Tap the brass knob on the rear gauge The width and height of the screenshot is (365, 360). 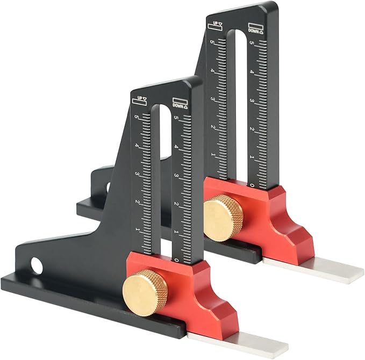click(x=223, y=218)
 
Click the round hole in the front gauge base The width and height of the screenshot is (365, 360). click(x=37, y=265)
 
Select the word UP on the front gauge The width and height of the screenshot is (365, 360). click(x=140, y=98)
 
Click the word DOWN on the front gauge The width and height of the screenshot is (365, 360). click(x=178, y=105)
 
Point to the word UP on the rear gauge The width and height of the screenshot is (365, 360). click(x=216, y=23)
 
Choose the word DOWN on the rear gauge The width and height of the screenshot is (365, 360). click(x=254, y=31)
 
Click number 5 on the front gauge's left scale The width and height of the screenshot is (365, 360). click(x=137, y=117)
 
